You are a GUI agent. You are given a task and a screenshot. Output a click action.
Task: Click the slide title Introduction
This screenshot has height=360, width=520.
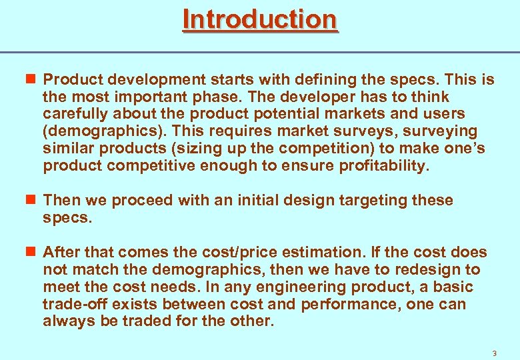260,19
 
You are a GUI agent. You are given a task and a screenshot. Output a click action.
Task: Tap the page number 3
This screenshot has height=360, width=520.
494,353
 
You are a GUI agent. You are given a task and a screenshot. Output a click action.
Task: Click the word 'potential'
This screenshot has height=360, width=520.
277,115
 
